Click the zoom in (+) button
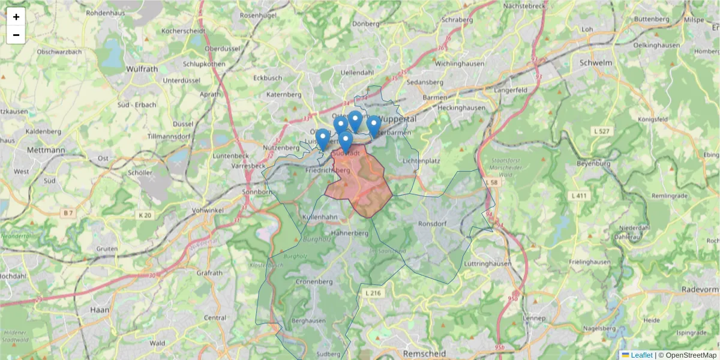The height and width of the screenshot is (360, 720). (x=16, y=17)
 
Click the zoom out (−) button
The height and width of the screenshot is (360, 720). (x=16, y=35)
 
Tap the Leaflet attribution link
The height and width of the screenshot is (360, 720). (x=641, y=355)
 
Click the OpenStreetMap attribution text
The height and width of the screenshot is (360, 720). (x=691, y=355)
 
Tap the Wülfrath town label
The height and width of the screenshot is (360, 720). (x=142, y=69)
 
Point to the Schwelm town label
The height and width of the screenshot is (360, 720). (x=596, y=62)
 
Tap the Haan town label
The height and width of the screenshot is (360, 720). (x=98, y=310)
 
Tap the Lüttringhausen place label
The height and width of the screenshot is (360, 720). (x=487, y=263)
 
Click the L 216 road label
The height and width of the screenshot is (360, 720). (x=373, y=293)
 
